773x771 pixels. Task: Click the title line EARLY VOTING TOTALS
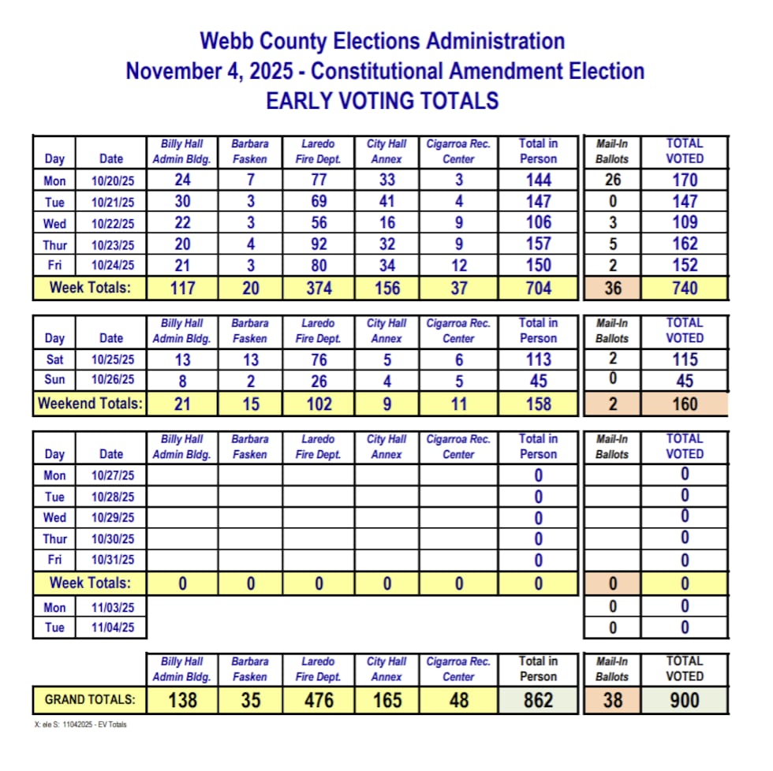(x=382, y=101)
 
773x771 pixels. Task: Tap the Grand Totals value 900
(x=684, y=699)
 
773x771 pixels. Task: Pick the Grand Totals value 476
(x=318, y=699)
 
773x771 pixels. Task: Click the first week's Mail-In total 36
(x=612, y=289)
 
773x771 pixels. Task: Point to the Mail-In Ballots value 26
(x=612, y=181)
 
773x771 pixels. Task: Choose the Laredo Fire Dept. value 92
(x=318, y=244)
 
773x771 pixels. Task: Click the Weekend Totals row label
(x=90, y=404)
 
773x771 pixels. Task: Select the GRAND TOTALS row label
(x=90, y=699)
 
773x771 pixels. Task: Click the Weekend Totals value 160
(x=684, y=404)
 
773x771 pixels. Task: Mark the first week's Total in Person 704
(x=538, y=289)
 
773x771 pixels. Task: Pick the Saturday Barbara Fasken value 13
(x=250, y=359)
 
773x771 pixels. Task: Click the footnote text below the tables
(x=80, y=724)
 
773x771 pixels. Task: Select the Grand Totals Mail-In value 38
(x=612, y=699)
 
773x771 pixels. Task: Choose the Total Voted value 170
(x=684, y=181)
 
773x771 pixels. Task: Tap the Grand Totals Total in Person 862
(x=538, y=699)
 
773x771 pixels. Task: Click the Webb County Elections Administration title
(x=382, y=41)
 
